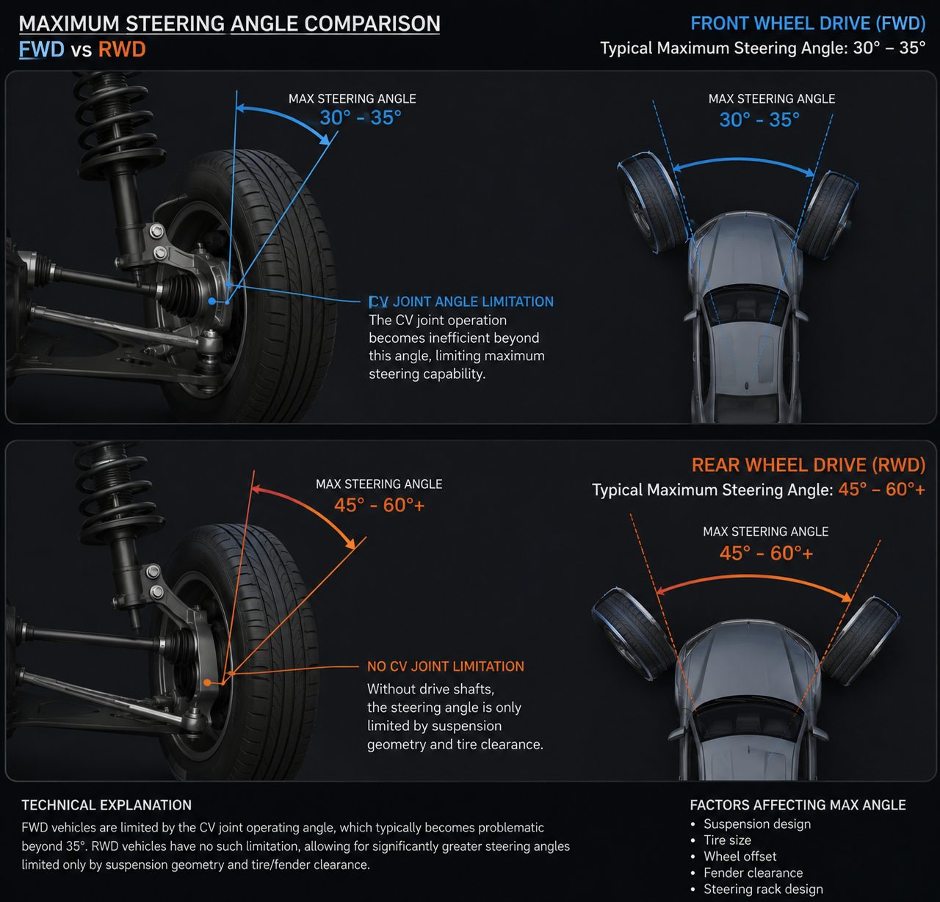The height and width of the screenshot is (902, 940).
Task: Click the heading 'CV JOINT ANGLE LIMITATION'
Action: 461,302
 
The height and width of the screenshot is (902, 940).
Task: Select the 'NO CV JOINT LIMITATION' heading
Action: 445,666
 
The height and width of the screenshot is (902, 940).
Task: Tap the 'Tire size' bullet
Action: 727,840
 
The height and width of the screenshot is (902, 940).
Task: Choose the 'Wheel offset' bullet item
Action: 740,856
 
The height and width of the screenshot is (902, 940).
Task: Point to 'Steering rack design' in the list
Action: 763,889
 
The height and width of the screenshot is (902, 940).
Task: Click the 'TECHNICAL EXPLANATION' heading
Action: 106,805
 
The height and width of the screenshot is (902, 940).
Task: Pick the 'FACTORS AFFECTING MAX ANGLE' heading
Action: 798,805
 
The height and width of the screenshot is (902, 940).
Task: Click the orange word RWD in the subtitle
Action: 122,49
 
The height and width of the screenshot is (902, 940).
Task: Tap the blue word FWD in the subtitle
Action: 42,49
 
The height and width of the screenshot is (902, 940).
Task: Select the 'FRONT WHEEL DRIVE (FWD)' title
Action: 808,23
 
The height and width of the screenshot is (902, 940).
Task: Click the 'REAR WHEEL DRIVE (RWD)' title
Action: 808,465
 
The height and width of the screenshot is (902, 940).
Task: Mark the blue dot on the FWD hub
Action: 212,302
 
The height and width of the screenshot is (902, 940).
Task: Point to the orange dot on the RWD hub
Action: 207,683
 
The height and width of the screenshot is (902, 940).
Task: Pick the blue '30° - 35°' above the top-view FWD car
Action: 759,120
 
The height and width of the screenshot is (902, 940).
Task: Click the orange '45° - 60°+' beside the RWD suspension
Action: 379,505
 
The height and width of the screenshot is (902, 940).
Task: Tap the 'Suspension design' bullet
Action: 757,823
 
